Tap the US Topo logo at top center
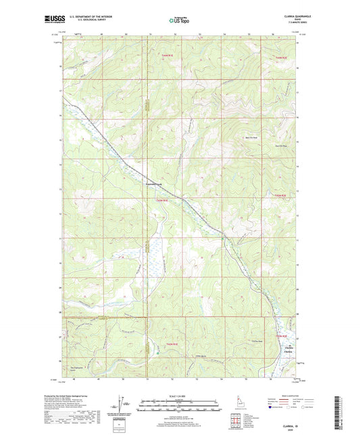(x=179, y=20)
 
